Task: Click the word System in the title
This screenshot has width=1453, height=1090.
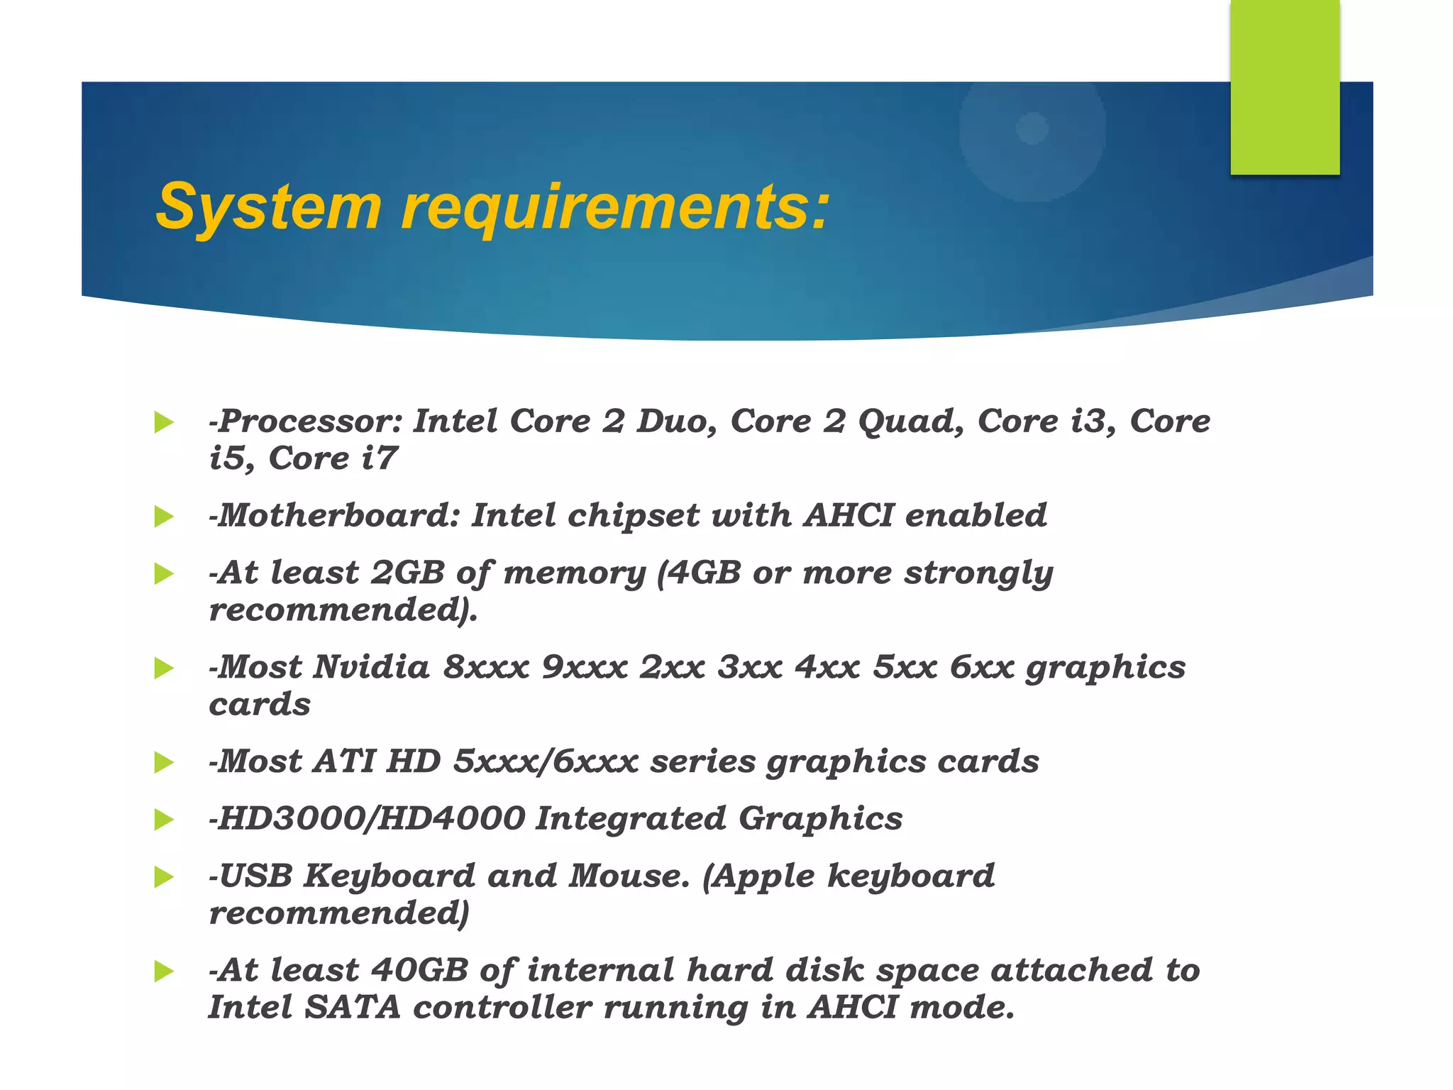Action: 268,207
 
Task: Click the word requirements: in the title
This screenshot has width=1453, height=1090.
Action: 614,207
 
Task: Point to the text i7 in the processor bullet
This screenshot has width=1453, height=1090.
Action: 379,458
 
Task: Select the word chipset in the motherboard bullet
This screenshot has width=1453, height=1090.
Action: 633,516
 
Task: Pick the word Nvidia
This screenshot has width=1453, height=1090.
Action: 372,668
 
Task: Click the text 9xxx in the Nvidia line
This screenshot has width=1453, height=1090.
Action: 584,668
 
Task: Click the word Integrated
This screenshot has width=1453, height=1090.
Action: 631,819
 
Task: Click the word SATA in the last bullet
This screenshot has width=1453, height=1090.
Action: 353,1008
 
